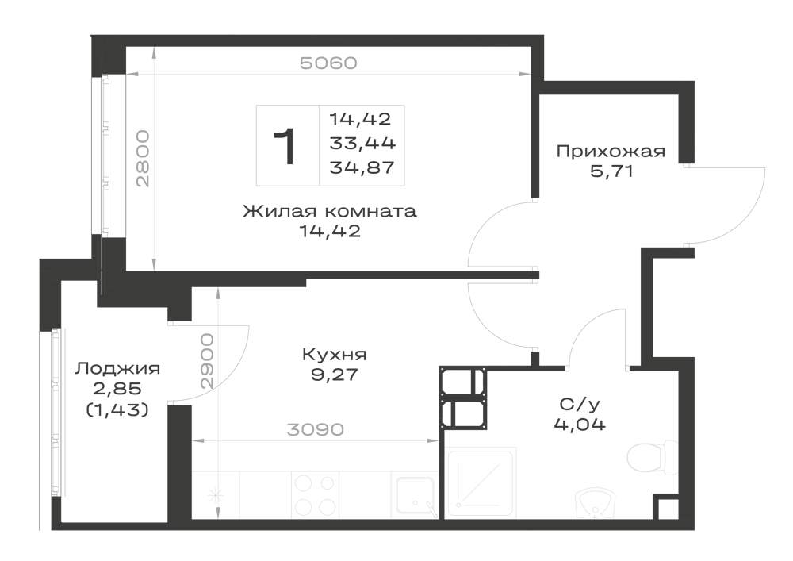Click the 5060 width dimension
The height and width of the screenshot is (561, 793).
click(329, 63)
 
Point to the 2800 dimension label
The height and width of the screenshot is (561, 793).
click(143, 159)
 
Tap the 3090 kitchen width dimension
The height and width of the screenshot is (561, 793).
click(315, 429)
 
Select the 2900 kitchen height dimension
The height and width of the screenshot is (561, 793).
click(207, 361)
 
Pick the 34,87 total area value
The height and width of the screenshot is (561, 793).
click(362, 167)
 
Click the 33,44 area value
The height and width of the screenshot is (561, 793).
click(362, 143)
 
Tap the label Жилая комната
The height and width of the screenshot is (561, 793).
click(330, 211)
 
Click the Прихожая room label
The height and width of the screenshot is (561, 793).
click(611, 152)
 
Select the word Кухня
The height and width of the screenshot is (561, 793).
click(335, 354)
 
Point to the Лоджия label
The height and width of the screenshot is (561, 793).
click(117, 369)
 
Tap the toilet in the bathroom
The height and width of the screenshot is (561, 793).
click(653, 457)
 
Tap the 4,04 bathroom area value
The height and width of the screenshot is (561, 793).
click(580, 425)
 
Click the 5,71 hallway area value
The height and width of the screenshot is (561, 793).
click(611, 171)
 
